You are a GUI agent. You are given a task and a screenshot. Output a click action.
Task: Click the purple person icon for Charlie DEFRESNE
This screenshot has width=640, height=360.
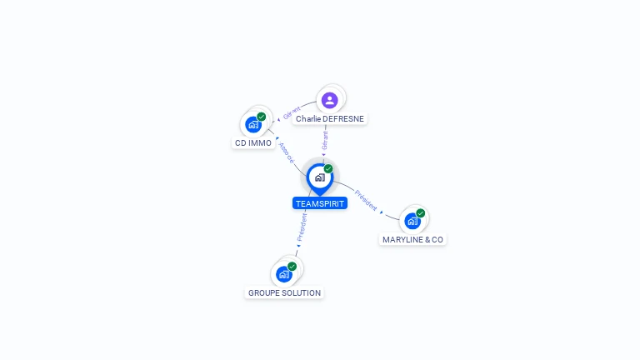point(330,100)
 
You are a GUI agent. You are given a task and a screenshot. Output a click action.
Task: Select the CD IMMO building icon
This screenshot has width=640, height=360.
point(253,125)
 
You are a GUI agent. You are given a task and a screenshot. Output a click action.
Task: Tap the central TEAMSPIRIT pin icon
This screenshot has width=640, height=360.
point(319,177)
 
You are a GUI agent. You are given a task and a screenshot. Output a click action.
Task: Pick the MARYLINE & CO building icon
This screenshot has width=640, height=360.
point(412,221)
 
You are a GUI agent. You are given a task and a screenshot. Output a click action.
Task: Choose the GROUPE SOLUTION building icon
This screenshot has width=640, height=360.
point(284,274)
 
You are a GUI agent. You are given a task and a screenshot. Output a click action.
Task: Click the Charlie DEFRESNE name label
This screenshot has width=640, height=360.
point(330,119)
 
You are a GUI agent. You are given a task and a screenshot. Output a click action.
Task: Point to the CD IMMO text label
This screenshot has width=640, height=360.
point(252,143)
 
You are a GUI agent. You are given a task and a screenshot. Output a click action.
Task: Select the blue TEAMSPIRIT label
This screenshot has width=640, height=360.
point(320,203)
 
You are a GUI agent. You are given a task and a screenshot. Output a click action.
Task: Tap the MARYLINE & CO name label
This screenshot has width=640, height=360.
point(412,239)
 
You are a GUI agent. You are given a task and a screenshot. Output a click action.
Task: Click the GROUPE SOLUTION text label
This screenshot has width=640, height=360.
point(284,293)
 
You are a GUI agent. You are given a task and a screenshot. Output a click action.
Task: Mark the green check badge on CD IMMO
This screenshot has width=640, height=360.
point(262,117)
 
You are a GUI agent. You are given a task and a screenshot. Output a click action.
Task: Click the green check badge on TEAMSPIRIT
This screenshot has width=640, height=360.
point(328,168)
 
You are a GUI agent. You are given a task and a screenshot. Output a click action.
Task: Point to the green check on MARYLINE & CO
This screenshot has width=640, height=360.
point(421,212)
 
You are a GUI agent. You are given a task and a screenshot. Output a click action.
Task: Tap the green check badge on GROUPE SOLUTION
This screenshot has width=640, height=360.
point(292,266)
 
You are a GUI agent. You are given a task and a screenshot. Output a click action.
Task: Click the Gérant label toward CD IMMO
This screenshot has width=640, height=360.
point(292,113)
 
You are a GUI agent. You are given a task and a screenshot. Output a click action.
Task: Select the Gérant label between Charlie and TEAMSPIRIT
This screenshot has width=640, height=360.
point(325,140)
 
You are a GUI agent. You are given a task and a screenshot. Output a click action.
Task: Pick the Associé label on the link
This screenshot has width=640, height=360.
point(286,152)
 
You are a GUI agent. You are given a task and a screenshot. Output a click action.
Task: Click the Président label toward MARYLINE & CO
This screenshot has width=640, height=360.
point(366,200)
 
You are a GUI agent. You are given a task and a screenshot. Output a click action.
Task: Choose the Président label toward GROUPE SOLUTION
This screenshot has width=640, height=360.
point(302,227)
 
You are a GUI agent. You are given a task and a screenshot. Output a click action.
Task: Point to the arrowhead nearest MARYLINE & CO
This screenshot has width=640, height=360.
point(382,212)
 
